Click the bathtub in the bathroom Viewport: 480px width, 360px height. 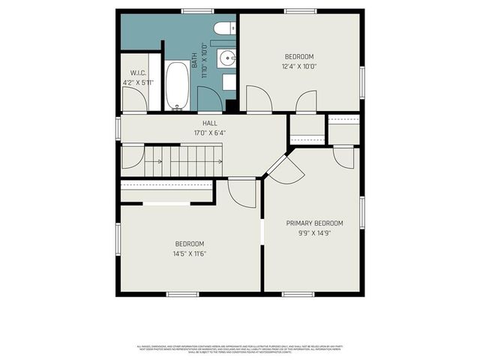point(178,85)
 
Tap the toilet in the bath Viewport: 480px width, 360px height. point(223,29)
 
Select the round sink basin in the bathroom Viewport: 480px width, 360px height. point(227,58)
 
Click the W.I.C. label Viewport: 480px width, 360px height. point(137,73)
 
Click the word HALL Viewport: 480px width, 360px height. point(210,123)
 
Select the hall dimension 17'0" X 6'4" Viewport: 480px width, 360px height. point(210,133)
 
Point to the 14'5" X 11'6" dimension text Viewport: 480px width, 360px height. point(190,253)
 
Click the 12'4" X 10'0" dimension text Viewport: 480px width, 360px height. point(298,66)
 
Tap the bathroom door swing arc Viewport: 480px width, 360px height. point(209,98)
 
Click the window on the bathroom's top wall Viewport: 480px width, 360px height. point(197,10)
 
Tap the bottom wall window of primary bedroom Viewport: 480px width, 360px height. point(298,294)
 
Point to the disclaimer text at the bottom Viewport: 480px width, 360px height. point(240,349)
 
